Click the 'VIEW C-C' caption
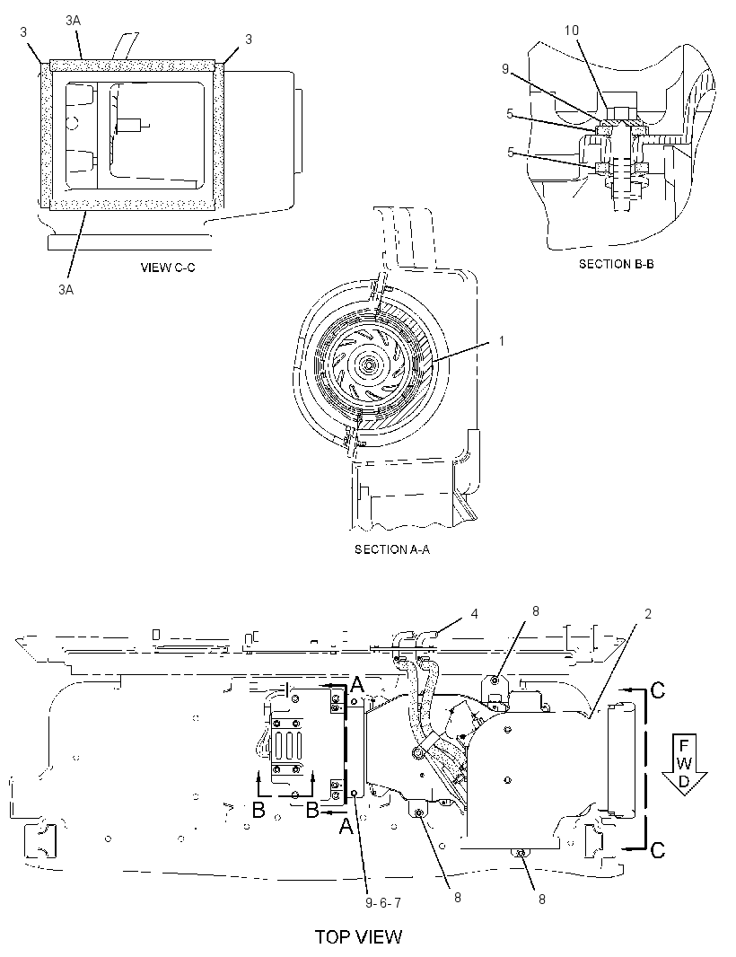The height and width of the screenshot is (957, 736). (x=168, y=268)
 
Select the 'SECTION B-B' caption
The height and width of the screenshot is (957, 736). (x=617, y=264)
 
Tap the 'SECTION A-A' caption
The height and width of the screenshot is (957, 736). (x=392, y=549)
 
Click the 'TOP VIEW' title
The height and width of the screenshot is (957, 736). (x=358, y=937)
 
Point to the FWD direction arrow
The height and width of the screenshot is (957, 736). (x=684, y=765)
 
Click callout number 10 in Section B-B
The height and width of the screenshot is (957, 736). (x=571, y=31)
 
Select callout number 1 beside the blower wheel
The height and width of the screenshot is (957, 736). (x=503, y=341)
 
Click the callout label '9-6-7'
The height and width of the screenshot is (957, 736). (x=383, y=902)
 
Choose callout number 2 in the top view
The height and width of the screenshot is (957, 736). (x=647, y=613)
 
